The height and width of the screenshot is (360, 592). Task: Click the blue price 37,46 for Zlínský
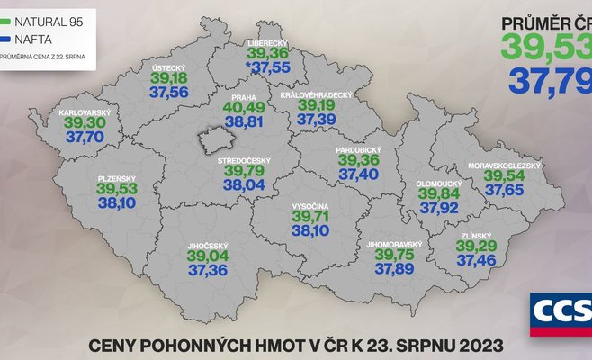pos(476,259)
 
